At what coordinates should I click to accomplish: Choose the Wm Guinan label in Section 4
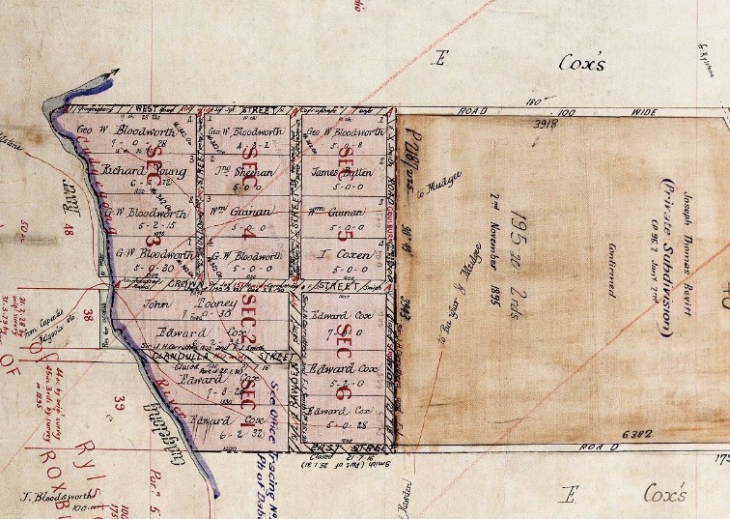click(x=241, y=212)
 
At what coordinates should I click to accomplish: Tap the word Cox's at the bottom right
click(x=666, y=495)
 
